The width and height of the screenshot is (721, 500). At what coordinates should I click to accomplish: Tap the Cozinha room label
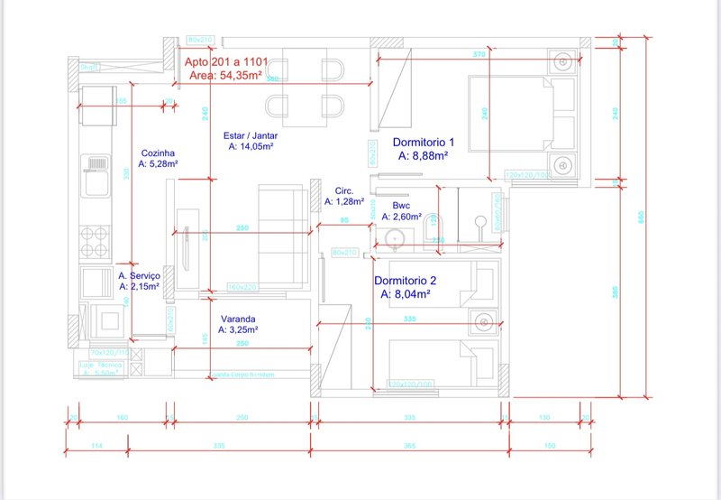158,153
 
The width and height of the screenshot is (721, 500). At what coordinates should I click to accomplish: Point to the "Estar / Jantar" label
251,135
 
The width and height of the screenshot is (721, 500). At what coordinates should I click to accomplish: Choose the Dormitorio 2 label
406,280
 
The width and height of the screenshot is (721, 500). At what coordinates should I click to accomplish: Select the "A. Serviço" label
139,275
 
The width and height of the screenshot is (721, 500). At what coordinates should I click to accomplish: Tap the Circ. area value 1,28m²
343,202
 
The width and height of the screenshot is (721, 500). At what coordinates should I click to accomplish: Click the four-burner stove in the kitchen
96,240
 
